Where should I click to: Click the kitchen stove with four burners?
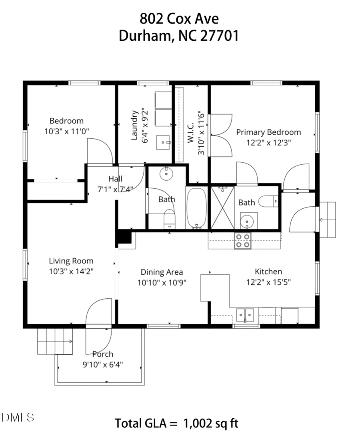point(243,240)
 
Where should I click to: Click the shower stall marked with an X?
point(222,208)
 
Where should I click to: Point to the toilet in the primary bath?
point(268,201)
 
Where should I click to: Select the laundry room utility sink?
point(163,142)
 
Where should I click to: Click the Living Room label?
point(71,261)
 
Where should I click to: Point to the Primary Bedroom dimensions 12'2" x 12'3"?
point(268,142)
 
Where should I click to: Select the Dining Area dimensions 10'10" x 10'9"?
point(162,282)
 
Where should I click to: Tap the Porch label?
point(102,354)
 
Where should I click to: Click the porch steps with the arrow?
point(55,341)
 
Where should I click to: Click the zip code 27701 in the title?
point(219,36)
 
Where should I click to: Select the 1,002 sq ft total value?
point(210,423)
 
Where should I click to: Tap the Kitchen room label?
point(268,271)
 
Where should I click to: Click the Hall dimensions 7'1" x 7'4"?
point(115,189)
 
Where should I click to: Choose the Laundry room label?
point(134,126)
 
